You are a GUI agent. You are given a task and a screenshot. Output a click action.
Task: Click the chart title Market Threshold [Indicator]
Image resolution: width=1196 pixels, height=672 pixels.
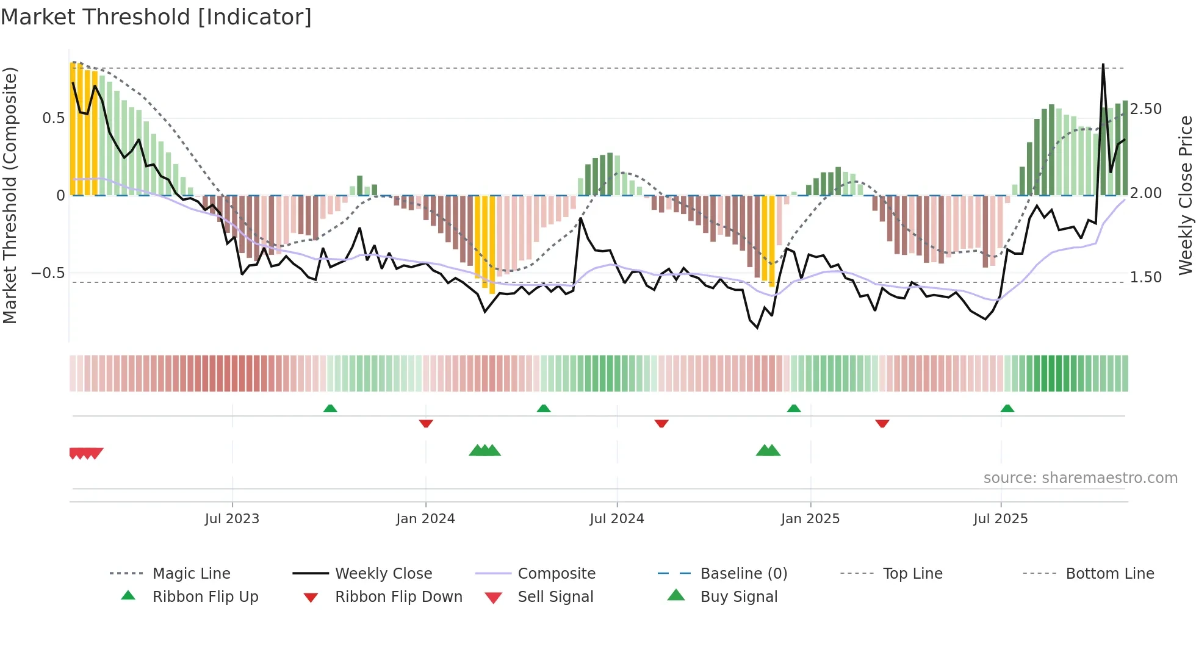156,17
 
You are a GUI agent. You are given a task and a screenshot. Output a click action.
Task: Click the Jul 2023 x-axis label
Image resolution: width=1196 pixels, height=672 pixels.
232,519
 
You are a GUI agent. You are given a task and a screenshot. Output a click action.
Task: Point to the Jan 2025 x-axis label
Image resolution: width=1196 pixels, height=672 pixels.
810,519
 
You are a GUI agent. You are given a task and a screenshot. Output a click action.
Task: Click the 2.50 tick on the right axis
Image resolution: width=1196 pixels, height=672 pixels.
1145,109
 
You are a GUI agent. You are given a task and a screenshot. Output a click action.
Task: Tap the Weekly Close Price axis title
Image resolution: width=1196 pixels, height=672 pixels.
1185,195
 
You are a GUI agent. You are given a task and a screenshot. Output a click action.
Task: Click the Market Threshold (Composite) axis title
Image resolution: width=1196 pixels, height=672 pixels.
10,195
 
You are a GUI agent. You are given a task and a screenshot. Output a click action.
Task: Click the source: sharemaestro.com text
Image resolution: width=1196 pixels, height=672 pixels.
1080,478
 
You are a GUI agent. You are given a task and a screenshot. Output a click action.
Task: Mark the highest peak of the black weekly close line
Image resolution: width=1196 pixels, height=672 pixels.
1103,65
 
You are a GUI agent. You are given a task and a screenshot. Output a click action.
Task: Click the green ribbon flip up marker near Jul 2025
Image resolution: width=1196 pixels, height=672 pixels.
1007,409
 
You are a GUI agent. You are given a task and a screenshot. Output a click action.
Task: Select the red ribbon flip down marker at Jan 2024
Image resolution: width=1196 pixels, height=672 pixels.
426,423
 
